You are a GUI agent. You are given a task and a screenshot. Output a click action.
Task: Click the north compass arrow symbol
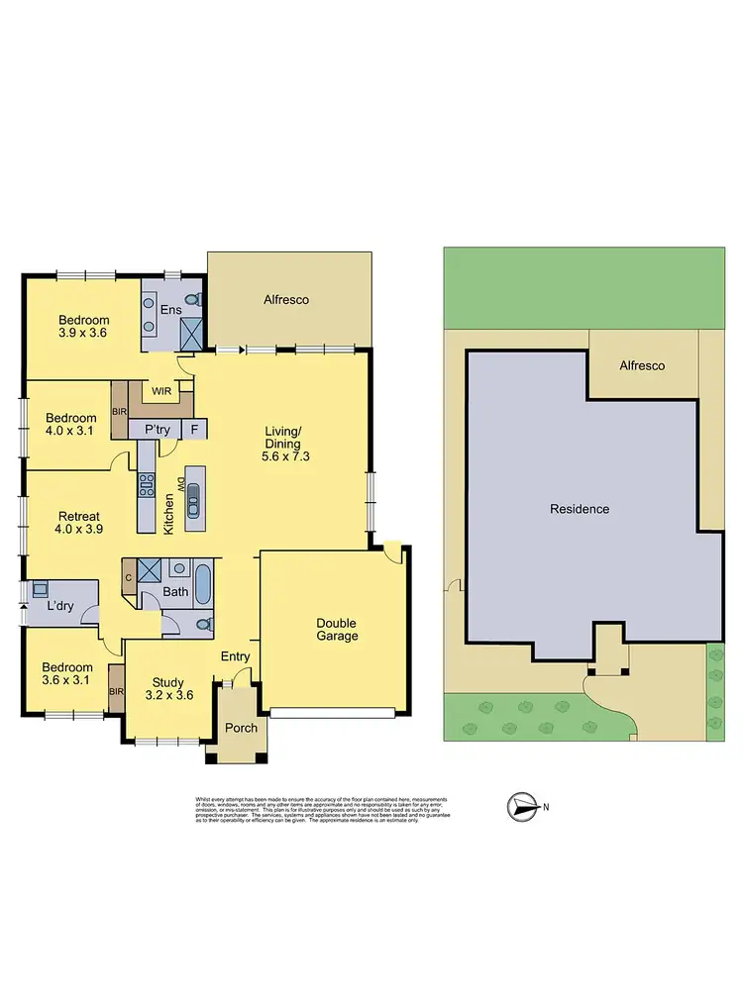[522, 807]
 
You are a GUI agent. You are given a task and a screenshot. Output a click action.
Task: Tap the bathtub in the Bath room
[203, 583]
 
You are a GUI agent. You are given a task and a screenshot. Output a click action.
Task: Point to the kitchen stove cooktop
[147, 484]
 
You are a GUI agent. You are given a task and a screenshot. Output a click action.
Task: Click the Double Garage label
[336, 629]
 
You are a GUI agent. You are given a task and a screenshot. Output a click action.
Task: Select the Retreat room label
[78, 523]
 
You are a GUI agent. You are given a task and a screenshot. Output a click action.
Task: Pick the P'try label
[159, 430]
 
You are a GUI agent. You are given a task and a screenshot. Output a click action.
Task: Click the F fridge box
[194, 430]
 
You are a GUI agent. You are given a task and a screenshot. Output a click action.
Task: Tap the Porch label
[241, 728]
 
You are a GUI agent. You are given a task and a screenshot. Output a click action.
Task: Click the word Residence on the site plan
[580, 509]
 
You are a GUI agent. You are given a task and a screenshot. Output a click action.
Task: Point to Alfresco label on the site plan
[642, 365]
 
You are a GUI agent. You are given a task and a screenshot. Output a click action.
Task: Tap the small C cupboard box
[128, 575]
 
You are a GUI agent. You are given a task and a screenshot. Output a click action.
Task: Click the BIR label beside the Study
[116, 692]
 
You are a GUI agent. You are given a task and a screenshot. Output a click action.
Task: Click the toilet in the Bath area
[204, 625]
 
